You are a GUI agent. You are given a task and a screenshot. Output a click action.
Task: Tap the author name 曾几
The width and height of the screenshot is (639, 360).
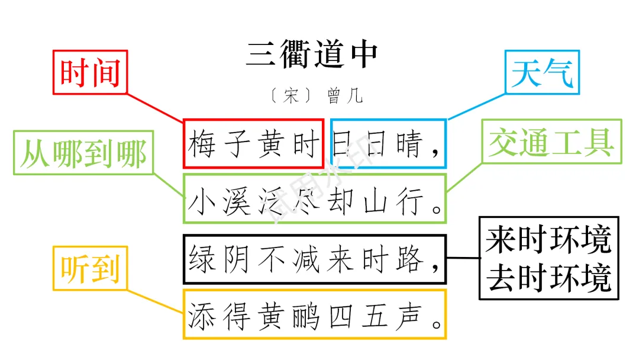tap(344, 96)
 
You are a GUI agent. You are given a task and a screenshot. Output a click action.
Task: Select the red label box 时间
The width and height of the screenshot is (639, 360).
tap(90, 73)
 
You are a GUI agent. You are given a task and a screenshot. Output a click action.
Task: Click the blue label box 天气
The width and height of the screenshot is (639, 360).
tap(542, 72)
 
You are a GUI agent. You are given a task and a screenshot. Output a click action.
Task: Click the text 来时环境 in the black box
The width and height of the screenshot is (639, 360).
tap(548, 240)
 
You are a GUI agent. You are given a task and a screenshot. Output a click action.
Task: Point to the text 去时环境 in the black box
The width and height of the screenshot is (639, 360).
tap(548, 277)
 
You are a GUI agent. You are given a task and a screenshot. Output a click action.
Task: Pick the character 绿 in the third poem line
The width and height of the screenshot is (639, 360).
tap(202, 260)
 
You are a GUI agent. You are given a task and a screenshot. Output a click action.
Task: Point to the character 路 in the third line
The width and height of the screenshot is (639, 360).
tap(409, 260)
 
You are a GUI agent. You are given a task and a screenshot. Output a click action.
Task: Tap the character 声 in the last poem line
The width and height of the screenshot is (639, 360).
tap(409, 318)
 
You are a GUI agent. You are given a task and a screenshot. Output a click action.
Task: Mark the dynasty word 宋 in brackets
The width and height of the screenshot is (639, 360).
tap(291, 96)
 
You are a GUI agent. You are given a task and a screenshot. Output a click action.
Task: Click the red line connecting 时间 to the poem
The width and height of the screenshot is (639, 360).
tap(155, 107)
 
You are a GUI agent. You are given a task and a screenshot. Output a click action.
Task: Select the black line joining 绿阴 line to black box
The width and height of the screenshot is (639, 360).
tap(462, 258)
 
